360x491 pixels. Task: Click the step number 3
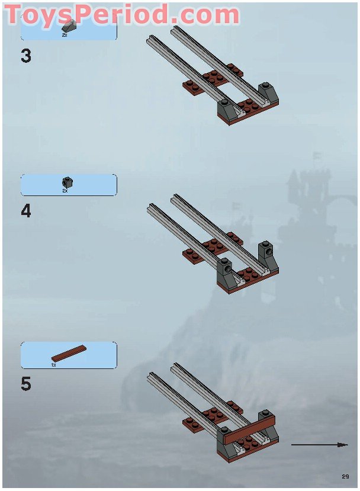click(26, 56)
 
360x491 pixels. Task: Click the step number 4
click(26, 211)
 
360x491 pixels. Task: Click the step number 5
click(26, 384)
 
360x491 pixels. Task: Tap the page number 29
click(345, 476)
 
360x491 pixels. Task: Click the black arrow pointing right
click(319, 444)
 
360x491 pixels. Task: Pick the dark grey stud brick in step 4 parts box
click(67, 182)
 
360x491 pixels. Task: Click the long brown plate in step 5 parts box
click(69, 353)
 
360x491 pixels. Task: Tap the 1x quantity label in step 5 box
click(53, 365)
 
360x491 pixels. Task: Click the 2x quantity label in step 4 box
click(65, 190)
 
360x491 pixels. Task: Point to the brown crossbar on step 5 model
click(250, 429)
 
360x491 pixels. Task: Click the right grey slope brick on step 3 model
click(268, 93)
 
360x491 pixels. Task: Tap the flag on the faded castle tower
click(317, 156)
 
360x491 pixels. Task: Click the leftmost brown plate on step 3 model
click(192, 88)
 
